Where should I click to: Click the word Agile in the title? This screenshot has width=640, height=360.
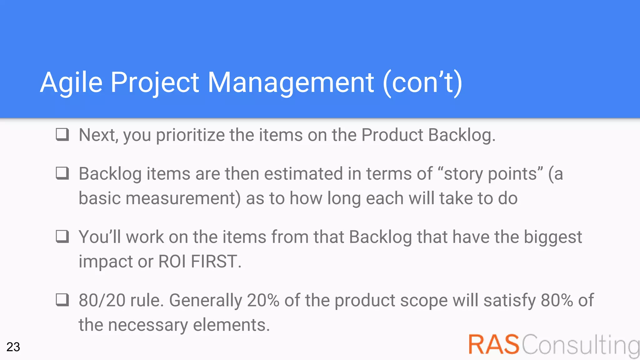[71, 83]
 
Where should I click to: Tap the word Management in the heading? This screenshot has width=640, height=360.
[291, 83]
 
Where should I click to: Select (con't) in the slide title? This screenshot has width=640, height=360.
[422, 83]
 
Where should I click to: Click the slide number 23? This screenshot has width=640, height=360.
[13, 347]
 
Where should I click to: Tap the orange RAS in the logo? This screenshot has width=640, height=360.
[494, 344]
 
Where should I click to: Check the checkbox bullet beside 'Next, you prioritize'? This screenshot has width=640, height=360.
[62, 134]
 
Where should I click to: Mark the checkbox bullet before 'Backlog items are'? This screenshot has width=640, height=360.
[62, 173]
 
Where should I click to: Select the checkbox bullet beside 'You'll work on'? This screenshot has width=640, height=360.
[62, 237]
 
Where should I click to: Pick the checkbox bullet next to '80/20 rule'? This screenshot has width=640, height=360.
[62, 300]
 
